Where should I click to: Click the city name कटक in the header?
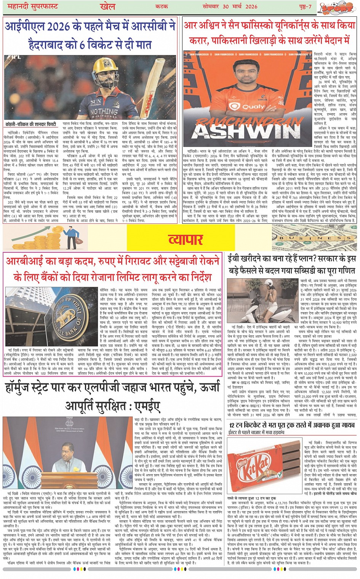pos(162,7)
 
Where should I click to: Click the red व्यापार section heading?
pos(186,239)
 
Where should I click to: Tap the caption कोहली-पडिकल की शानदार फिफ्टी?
pos(30,124)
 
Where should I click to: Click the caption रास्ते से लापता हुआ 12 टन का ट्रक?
pos(251,498)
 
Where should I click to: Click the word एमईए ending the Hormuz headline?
pos(146,405)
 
